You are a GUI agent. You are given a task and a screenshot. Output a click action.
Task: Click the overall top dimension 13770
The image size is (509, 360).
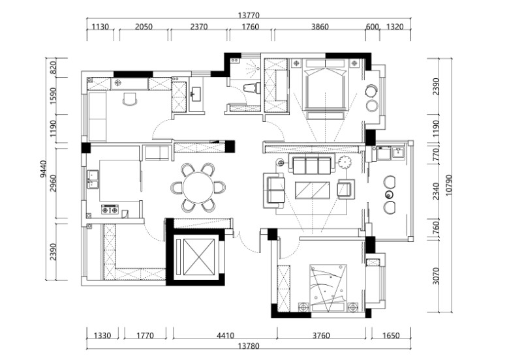tap(249, 15)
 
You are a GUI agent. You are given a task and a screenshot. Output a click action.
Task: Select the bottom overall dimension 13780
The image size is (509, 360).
tap(249, 346)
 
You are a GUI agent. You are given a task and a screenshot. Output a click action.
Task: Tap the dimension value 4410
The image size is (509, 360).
tap(225, 335)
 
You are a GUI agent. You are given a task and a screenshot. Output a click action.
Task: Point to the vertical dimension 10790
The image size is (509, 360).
tap(448, 185)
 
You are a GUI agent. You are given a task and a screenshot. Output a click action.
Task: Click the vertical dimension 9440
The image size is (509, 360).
tap(43, 171)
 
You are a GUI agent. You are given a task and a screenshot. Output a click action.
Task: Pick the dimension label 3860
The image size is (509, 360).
tap(320, 26)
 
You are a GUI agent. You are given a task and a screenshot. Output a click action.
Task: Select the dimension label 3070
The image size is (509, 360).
tap(436, 276)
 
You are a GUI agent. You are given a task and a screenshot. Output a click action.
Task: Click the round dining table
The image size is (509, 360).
tap(198, 188)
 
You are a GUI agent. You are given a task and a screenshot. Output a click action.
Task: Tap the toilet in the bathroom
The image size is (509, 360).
tap(252, 88)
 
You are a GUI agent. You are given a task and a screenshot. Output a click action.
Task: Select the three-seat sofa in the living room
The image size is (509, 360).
tap(311, 165)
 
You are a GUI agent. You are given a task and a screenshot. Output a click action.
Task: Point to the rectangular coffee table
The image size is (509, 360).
tap(313, 190)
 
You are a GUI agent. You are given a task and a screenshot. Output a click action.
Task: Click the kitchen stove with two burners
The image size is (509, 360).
tap(110, 210)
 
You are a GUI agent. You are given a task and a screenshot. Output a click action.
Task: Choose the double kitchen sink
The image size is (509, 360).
tap(93, 179)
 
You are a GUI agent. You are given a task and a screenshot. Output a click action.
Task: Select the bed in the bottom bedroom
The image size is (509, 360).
tap(328, 288)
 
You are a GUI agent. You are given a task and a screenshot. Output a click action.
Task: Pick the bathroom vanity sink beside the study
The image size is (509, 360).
tap(196, 95)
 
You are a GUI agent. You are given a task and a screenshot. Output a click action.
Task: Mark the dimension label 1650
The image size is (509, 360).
tap(391, 335)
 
